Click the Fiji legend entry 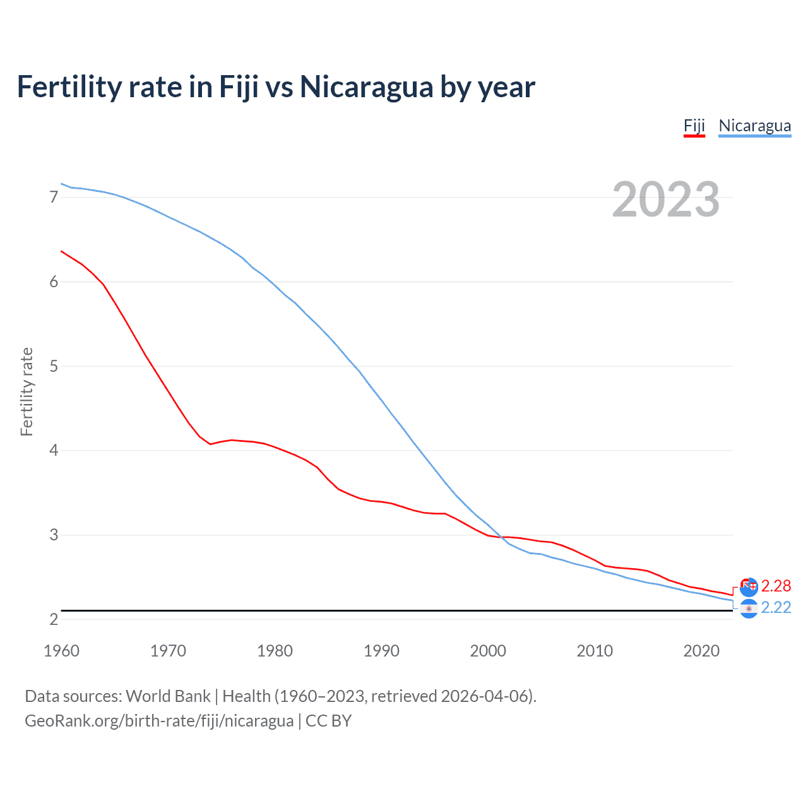click(x=694, y=126)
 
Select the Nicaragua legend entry click(x=754, y=126)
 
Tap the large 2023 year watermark click(x=665, y=199)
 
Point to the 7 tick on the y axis click(x=54, y=197)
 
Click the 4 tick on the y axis click(x=54, y=450)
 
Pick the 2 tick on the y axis click(x=54, y=619)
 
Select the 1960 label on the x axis click(x=61, y=651)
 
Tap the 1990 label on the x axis click(x=381, y=651)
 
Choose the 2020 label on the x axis click(x=701, y=651)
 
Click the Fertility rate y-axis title click(x=27, y=391)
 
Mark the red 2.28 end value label click(x=776, y=586)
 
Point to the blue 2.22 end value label click(x=776, y=607)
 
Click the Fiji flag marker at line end click(x=749, y=587)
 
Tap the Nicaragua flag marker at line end click(x=749, y=609)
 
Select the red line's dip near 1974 click(x=210, y=444)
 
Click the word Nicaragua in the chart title click(x=365, y=86)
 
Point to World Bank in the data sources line click(x=168, y=696)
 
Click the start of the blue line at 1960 click(x=61, y=184)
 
